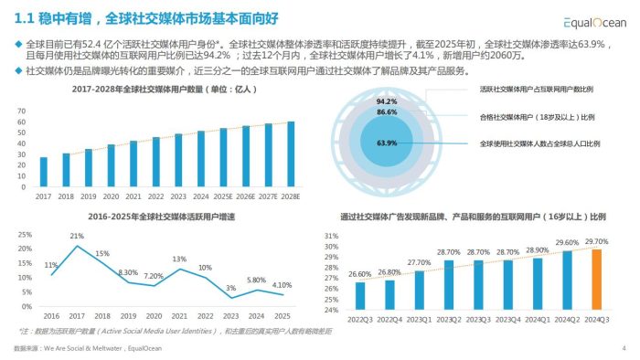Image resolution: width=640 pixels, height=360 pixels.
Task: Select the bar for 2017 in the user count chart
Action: pyautogui.click(x=43, y=172)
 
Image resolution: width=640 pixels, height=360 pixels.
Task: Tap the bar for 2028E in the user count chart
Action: pyautogui.click(x=291, y=154)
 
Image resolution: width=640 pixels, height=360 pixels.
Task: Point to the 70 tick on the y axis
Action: pyautogui.click(x=20, y=111)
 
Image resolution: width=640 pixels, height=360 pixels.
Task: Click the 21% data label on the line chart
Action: pyautogui.click(x=78, y=237)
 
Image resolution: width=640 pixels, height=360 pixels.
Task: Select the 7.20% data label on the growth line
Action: pyautogui.click(x=154, y=275)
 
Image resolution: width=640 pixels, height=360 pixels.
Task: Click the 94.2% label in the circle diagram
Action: pyautogui.click(x=386, y=101)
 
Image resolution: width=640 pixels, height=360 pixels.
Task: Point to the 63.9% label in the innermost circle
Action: pyautogui.click(x=386, y=143)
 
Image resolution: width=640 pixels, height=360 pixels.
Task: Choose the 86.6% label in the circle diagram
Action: pyautogui.click(x=386, y=112)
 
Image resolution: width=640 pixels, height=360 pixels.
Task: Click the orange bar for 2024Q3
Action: pyautogui.click(x=595, y=279)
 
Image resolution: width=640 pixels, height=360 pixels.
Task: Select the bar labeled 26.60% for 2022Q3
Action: pyautogui.click(x=360, y=295)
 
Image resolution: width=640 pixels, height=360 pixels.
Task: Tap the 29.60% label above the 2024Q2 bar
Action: pyautogui.click(x=566, y=243)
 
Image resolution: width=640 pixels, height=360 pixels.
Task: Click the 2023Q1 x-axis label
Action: pyautogui.click(x=419, y=319)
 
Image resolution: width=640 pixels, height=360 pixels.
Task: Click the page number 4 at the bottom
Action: pyautogui.click(x=623, y=349)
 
